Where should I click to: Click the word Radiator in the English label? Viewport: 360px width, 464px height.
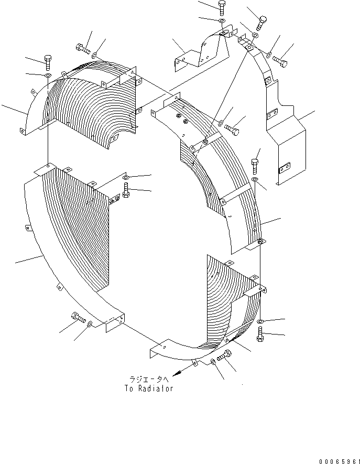[x=155, y=389]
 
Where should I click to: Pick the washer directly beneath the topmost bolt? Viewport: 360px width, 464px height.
[x=221, y=21]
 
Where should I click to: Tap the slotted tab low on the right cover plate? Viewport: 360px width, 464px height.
[x=285, y=168]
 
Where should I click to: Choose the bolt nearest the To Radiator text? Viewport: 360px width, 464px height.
[x=226, y=356]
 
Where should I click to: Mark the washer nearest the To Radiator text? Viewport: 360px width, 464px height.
[x=213, y=362]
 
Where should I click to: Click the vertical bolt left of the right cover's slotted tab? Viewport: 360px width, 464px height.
[x=255, y=166]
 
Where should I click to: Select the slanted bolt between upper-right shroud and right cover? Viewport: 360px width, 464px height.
[x=232, y=127]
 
